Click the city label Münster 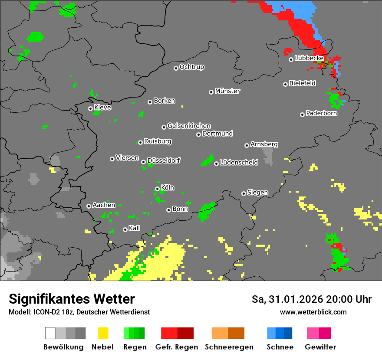pos(227,91)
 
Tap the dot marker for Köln pos(157,189)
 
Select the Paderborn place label pos(322,114)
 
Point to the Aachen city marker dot pos(89,206)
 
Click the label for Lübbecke pos(309,58)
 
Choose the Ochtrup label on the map pos(192,67)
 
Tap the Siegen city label pos(257,193)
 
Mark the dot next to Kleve pos(90,108)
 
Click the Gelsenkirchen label pos(189,126)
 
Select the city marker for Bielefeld pos(285,84)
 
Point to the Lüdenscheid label pos(239,163)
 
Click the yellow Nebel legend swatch pos(103,333)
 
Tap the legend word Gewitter pos(320,347)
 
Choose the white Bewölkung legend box pos(50,333)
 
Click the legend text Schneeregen pos(228,347)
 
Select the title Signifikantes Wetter pos(72,299)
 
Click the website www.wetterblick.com pos(313,312)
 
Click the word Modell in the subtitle pos(19,312)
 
